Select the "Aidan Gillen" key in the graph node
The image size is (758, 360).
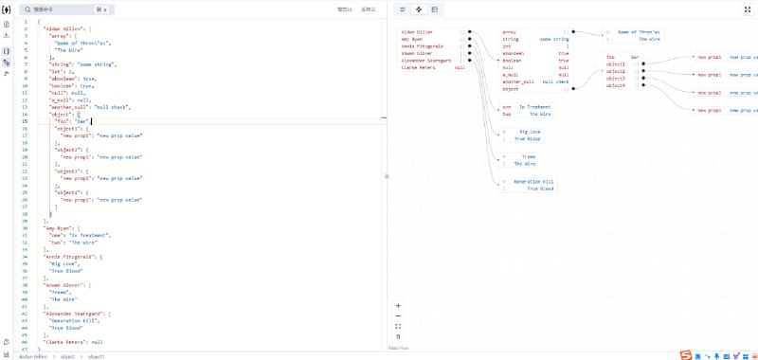click(x=419, y=31)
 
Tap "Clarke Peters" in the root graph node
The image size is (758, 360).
click(x=419, y=67)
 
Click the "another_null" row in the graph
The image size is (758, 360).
click(x=519, y=81)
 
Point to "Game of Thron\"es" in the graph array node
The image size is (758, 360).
click(x=639, y=32)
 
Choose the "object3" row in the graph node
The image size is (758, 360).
click(x=616, y=78)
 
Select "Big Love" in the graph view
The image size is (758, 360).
click(x=530, y=132)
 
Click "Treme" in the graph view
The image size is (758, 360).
click(x=529, y=156)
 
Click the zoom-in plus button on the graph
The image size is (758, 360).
click(x=398, y=305)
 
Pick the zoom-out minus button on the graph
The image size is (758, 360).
click(x=398, y=315)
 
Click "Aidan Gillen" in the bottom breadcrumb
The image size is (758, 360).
click(x=33, y=356)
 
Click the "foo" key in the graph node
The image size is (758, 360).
click(x=611, y=57)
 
